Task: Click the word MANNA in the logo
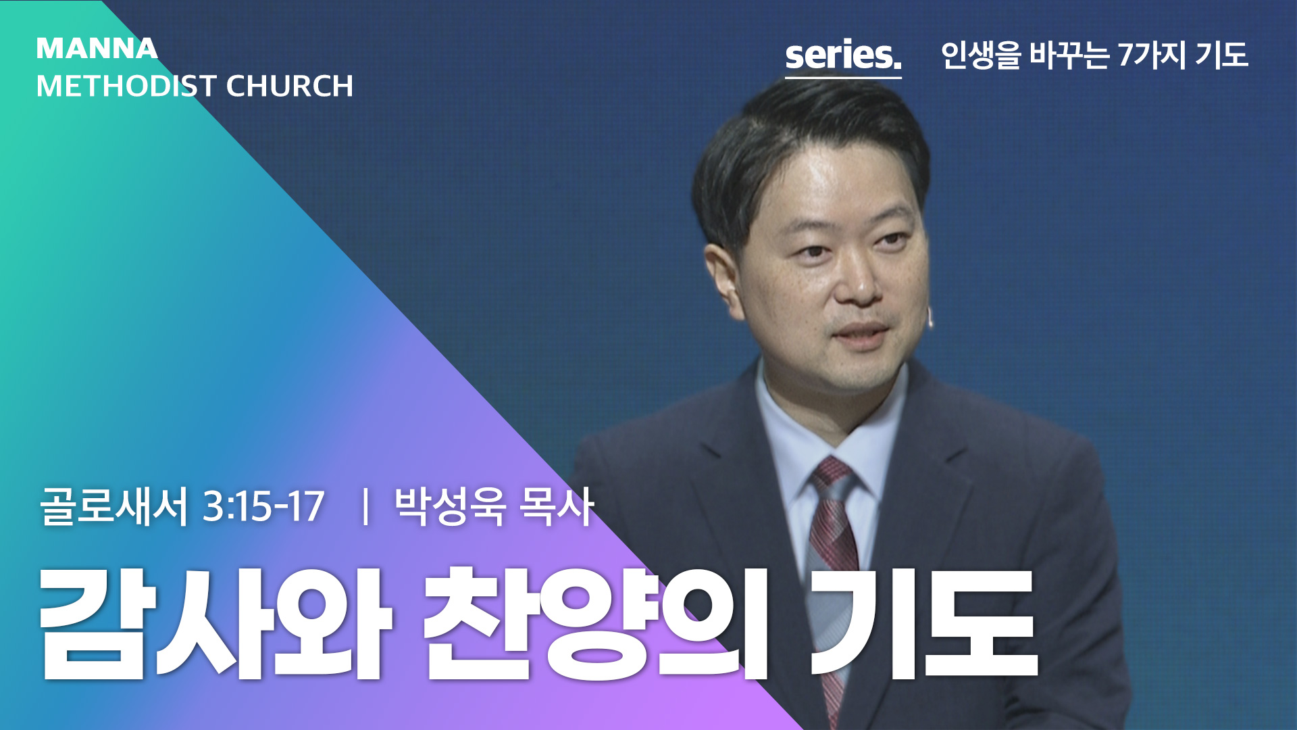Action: pyautogui.click(x=97, y=49)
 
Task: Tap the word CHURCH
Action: pyautogui.click(x=290, y=87)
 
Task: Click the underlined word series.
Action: pyautogui.click(x=843, y=55)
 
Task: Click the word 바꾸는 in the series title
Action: pyautogui.click(x=1069, y=55)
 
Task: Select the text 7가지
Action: pyautogui.click(x=1152, y=55)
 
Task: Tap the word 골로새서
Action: pyautogui.click(x=113, y=506)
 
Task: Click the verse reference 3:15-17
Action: pyautogui.click(x=263, y=506)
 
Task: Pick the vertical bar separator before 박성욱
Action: pyautogui.click(x=365, y=507)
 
